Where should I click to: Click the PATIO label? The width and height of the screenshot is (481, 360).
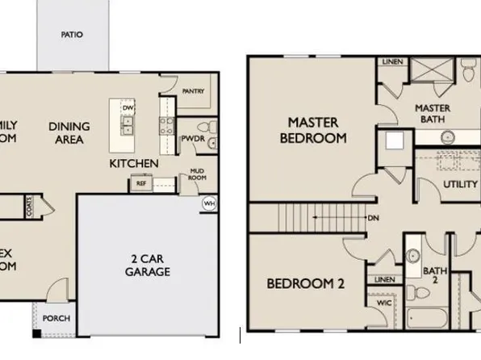click(x=73, y=35)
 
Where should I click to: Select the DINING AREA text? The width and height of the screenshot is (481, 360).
click(x=69, y=133)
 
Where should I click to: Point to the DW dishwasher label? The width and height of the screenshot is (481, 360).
click(x=127, y=107)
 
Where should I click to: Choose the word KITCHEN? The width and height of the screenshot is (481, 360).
click(x=133, y=164)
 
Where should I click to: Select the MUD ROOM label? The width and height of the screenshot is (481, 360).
click(x=196, y=174)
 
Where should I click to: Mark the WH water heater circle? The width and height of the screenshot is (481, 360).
click(x=209, y=203)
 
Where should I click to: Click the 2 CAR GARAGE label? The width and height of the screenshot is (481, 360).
click(x=146, y=266)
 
